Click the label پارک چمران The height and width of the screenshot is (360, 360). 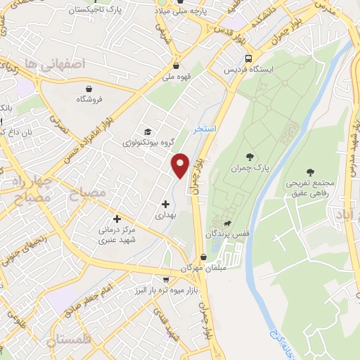tap(250, 169)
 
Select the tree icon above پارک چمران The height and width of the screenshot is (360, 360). tap(250, 157)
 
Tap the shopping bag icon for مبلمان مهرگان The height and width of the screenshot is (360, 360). tap(203, 257)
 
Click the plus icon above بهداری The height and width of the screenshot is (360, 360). tap(165, 203)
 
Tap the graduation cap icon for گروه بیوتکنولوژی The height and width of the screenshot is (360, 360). tap(148, 131)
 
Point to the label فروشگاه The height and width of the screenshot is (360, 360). tap(89, 100)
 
